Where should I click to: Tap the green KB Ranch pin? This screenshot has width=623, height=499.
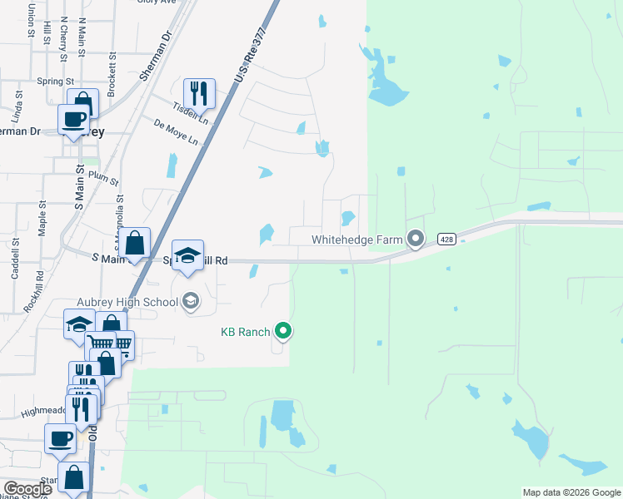[283, 332]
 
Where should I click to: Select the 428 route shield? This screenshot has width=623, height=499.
[446, 240]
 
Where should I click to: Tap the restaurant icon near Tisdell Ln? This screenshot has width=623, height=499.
[199, 91]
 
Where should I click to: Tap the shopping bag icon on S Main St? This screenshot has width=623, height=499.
[134, 244]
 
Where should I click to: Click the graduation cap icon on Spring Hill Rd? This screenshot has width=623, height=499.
[188, 256]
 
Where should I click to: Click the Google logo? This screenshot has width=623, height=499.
[28, 489]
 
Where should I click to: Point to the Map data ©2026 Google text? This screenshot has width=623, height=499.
[571, 492]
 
